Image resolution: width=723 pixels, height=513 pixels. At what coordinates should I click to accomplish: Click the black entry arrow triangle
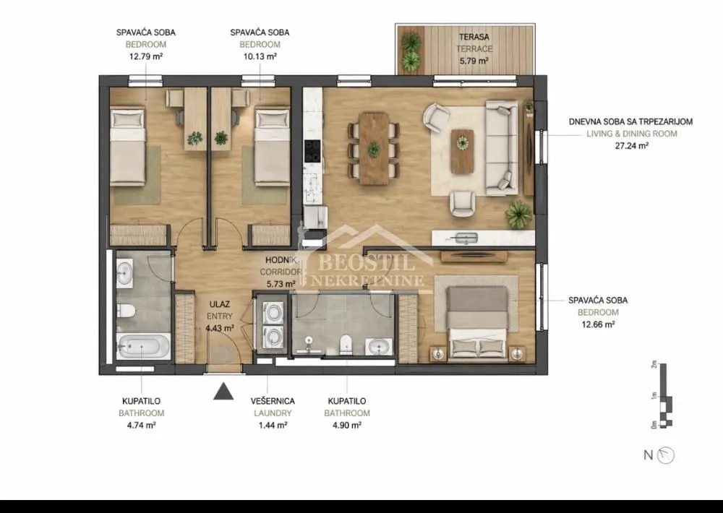pos(224,392)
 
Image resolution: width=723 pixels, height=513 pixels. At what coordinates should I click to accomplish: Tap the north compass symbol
pos(667,455)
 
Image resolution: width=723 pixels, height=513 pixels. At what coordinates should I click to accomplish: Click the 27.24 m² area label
pos(628,145)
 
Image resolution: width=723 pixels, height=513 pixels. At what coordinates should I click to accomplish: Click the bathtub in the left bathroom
pos(142,347)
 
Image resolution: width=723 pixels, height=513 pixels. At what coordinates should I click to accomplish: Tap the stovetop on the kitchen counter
pos(313,150)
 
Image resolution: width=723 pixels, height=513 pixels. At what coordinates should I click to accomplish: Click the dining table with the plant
pos(373,147)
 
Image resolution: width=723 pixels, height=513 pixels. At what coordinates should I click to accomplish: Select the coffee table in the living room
pos(462,150)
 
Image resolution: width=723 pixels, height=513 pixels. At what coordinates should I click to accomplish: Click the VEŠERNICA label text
pos(271,401)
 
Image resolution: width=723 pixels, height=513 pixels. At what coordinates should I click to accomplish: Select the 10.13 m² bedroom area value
pos(259,56)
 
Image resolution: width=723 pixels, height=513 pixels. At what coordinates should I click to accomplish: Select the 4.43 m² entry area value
pos(220,328)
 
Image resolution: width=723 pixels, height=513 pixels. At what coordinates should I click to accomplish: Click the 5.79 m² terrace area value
pos(474,61)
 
